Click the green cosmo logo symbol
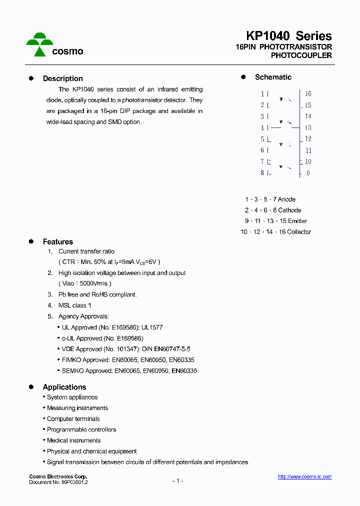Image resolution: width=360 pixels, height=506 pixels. [x=39, y=44]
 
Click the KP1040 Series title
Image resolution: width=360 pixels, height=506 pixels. [x=288, y=36]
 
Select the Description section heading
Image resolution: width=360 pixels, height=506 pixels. [x=62, y=78]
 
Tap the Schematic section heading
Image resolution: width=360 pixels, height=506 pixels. [x=273, y=77]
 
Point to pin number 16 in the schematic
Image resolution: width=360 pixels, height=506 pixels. [x=308, y=93]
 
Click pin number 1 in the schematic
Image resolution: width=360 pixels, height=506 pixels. [x=262, y=94]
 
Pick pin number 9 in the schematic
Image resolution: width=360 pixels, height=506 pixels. [x=308, y=173]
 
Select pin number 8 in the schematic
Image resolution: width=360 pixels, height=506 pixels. [x=262, y=173]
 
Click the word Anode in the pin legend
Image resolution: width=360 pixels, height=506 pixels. [x=286, y=199]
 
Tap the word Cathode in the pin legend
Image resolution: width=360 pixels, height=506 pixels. [x=289, y=210]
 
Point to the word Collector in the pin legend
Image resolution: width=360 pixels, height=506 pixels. [x=299, y=232]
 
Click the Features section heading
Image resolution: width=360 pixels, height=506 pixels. [x=57, y=242]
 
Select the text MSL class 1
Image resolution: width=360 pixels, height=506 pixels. [x=75, y=305]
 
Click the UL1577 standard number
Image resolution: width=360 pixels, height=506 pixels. [x=152, y=327]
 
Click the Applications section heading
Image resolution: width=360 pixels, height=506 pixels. [x=64, y=387]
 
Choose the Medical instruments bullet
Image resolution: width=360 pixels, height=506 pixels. [x=73, y=440]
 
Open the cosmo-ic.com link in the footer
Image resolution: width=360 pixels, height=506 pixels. [x=304, y=477]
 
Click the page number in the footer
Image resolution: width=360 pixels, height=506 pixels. [x=178, y=481]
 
